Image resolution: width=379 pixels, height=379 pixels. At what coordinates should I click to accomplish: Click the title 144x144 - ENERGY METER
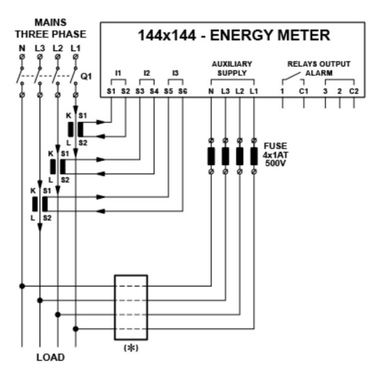pos(234,35)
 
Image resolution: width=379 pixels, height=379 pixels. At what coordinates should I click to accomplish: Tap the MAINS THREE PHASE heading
pos(51,28)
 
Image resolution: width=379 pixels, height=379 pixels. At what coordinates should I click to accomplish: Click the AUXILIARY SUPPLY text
pos(232,68)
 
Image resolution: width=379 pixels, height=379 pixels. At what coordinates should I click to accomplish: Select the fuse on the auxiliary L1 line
pos(254,156)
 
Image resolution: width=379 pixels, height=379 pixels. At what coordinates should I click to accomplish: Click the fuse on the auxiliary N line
pos(211,156)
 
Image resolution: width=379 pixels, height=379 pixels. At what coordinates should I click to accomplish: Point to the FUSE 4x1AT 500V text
pos(275,153)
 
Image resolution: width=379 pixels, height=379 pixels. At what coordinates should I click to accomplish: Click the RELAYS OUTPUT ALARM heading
pos(319,68)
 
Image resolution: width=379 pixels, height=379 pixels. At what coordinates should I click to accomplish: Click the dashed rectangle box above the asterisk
pos(131,308)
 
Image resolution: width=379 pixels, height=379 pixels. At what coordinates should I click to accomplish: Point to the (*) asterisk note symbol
pos(131,349)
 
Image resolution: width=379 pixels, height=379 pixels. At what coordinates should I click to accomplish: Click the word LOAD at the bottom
pos(49,358)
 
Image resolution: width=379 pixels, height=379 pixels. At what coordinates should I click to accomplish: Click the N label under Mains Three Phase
pos(22,47)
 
